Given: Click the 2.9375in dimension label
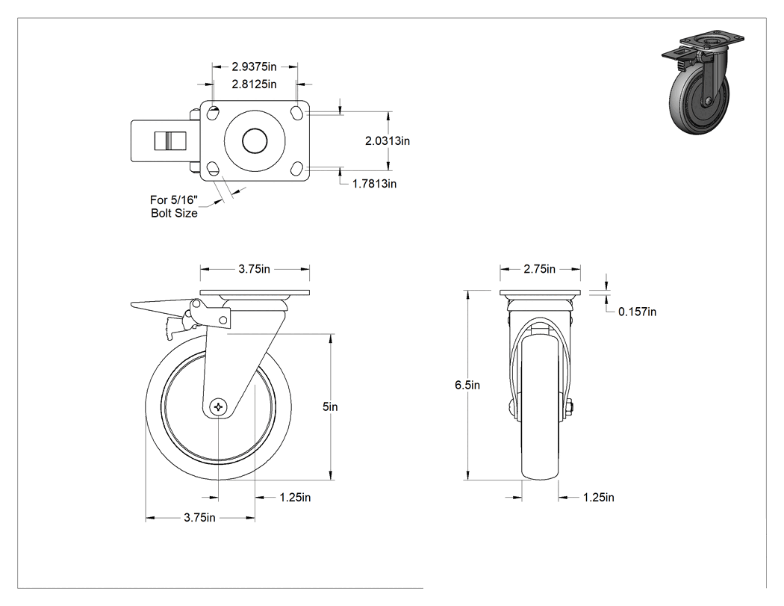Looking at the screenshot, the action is tap(254, 67).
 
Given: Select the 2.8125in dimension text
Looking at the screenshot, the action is tap(254, 84).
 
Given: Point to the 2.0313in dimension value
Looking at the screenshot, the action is tap(388, 141).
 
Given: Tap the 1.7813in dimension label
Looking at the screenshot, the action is tap(375, 184).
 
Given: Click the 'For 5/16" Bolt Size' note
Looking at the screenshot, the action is tap(174, 207).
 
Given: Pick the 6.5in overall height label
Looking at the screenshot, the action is tap(467, 385).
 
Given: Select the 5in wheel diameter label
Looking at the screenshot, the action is tap(330, 406).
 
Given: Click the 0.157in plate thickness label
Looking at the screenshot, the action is tap(638, 312).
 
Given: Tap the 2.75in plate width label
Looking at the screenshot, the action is tap(540, 269).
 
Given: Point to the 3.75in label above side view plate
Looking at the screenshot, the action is tap(254, 269).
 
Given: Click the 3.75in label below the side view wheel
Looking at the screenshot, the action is tap(199, 517).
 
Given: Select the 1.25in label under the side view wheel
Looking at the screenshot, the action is tap(295, 498).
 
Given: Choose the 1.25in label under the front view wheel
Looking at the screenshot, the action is tap(599, 498).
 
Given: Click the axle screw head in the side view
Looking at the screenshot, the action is tap(219, 406).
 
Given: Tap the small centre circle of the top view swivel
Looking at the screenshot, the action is tap(255, 141).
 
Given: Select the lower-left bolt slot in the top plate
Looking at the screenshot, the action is tap(213, 169).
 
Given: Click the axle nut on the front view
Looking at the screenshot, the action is tap(570, 408).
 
